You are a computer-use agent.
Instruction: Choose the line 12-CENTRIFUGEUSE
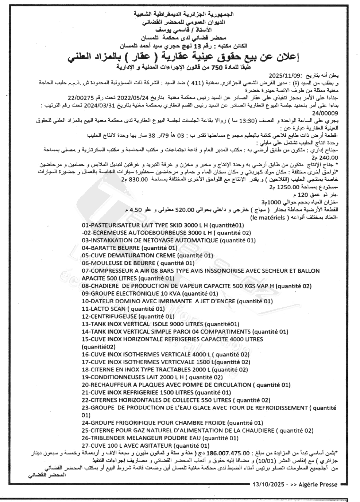click(x=128, y=316)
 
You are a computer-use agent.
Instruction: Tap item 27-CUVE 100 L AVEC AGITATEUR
click(x=146, y=445)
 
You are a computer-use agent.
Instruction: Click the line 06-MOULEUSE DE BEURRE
click(x=138, y=263)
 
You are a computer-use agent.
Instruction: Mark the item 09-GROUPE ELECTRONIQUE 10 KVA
click(x=150, y=293)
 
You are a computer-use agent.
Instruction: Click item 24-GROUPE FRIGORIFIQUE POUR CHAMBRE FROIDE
click(x=172, y=423)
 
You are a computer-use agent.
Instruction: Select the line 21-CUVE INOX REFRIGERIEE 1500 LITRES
click(x=156, y=393)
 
